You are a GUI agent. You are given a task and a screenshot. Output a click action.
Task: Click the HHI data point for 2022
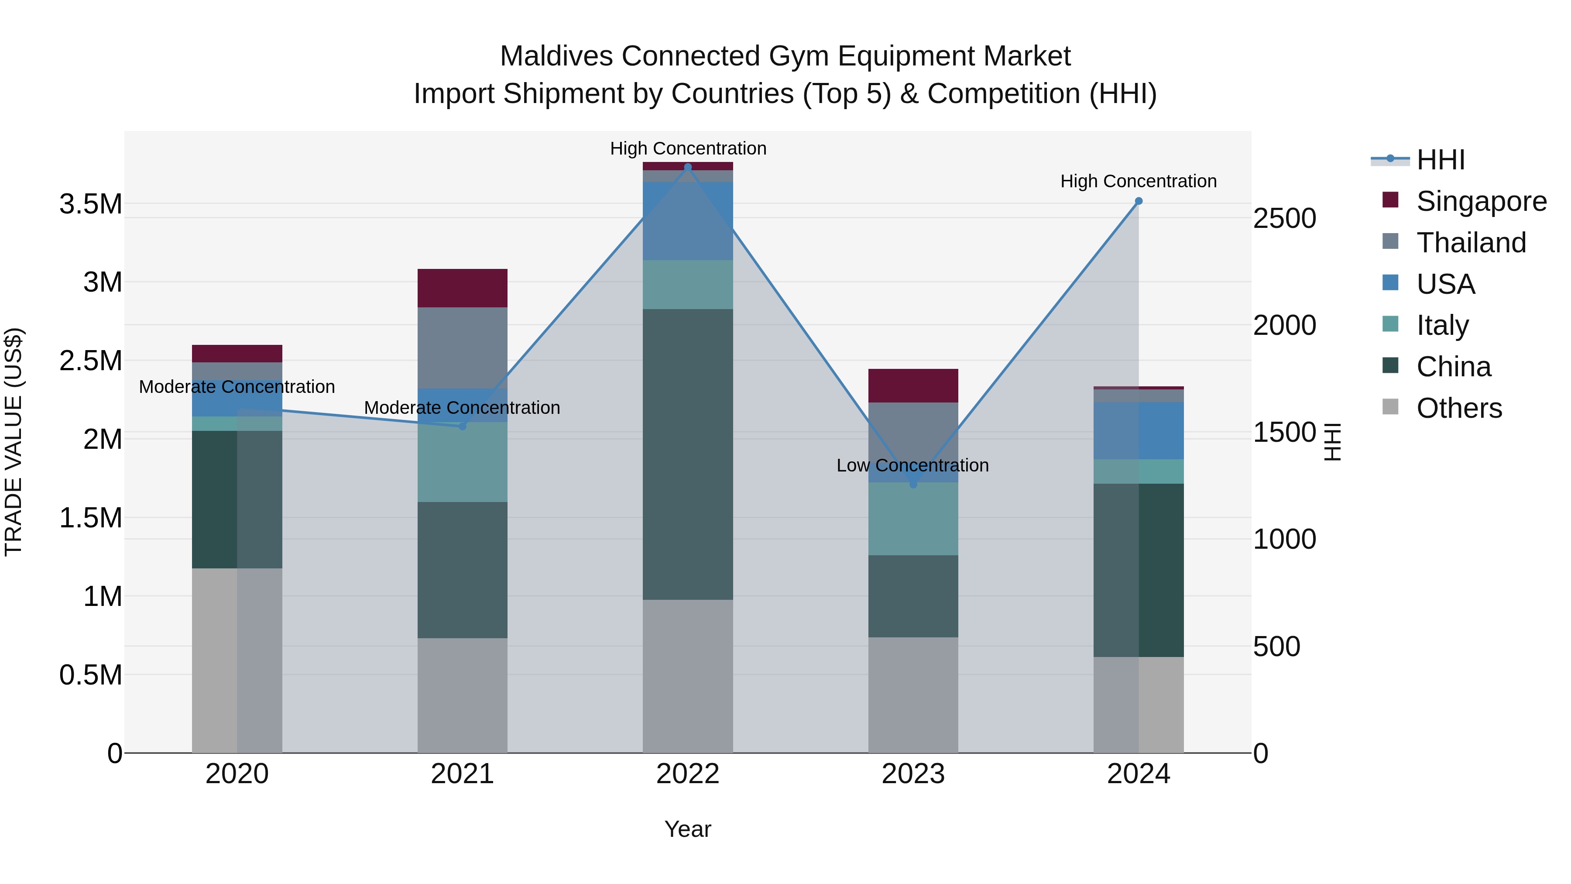click(x=688, y=167)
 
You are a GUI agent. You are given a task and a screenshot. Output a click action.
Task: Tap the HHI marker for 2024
click(x=1139, y=201)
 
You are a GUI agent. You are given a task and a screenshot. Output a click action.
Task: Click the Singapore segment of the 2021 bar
click(x=462, y=288)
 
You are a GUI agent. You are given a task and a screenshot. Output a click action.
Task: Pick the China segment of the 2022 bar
click(x=688, y=454)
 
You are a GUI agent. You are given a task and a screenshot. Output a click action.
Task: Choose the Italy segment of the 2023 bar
click(x=913, y=519)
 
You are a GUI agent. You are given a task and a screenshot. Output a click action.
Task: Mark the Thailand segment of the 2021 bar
click(x=462, y=348)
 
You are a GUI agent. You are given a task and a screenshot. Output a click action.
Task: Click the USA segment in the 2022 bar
click(x=688, y=221)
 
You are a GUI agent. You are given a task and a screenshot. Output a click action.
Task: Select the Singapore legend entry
click(x=1481, y=201)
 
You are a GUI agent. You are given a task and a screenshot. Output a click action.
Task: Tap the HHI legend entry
click(x=1440, y=160)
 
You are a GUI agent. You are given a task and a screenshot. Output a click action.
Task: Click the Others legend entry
click(x=1459, y=408)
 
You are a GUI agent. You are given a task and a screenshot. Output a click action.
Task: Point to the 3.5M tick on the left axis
click(x=91, y=204)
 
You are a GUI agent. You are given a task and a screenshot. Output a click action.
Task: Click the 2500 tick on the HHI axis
click(x=1284, y=218)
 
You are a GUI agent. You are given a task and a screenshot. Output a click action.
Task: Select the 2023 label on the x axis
click(x=913, y=774)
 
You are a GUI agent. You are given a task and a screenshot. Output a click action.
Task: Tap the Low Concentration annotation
click(x=912, y=465)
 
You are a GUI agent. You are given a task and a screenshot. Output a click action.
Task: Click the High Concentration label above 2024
click(x=1138, y=181)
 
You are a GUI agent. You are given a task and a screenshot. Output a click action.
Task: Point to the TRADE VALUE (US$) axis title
click(x=14, y=442)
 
